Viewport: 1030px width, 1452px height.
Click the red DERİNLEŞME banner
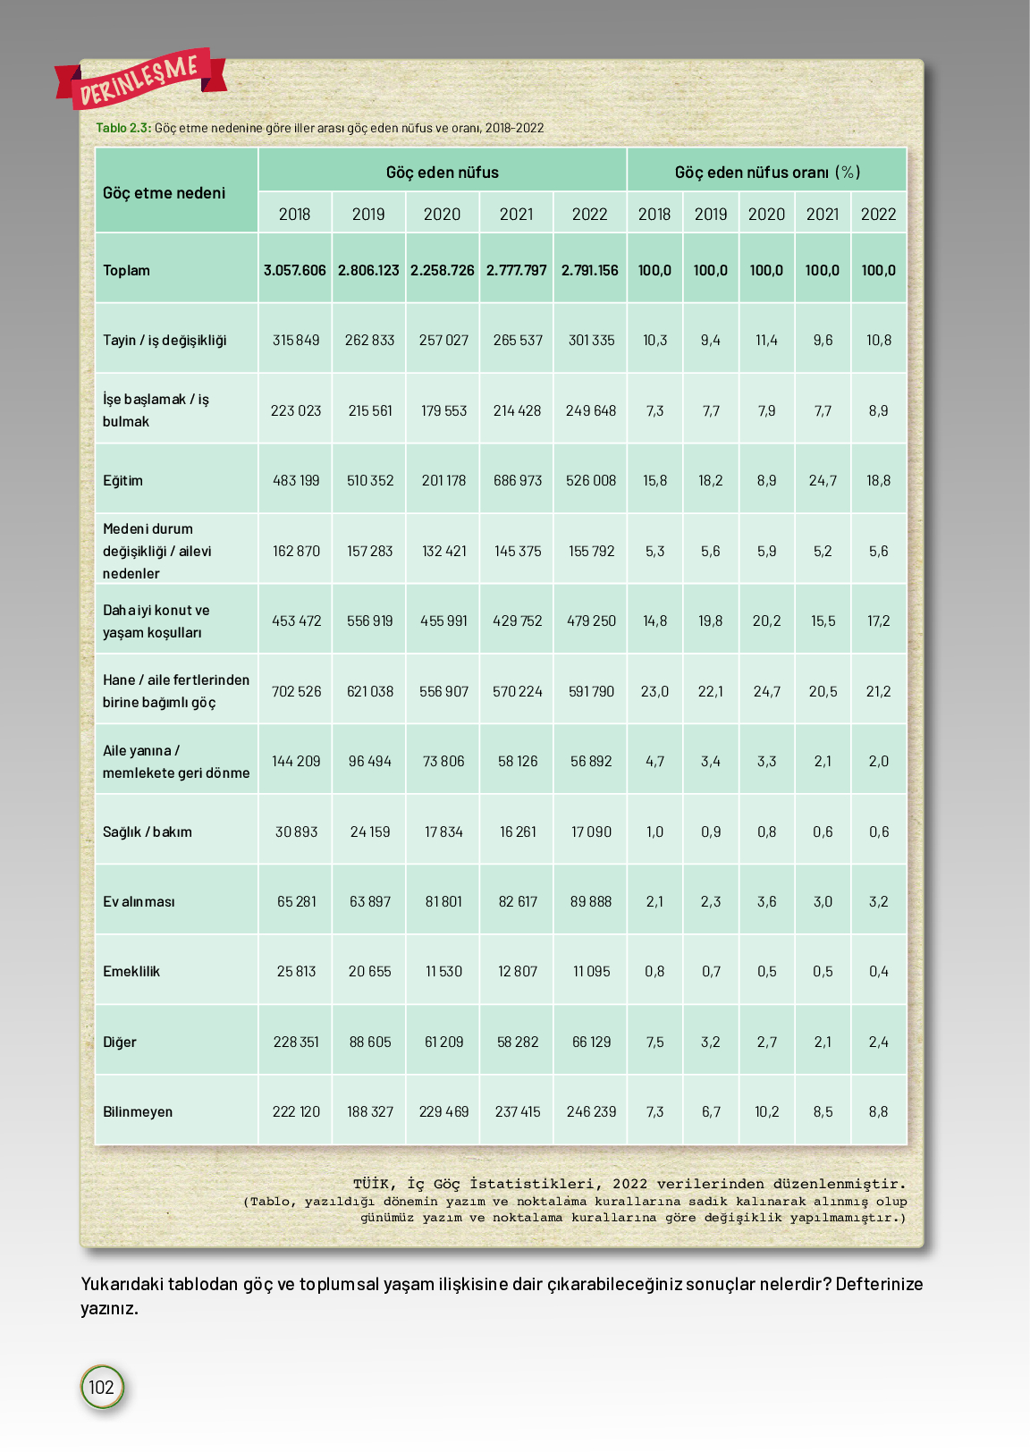tap(140, 78)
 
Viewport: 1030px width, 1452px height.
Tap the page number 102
tap(101, 1387)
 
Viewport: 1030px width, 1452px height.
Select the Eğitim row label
tap(122, 481)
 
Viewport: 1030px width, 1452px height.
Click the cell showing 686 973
tap(518, 481)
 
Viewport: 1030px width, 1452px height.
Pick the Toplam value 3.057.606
tap(295, 270)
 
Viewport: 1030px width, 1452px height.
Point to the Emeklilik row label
tap(131, 972)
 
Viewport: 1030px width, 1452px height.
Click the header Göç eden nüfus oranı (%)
tap(767, 172)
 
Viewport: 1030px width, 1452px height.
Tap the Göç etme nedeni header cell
tap(165, 193)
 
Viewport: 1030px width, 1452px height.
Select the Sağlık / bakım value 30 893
tap(296, 832)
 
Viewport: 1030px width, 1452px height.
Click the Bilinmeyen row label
tap(138, 1112)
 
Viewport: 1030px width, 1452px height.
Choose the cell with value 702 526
tap(296, 692)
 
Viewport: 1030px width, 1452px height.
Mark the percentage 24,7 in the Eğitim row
tap(823, 481)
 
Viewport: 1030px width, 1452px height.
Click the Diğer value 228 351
tap(296, 1043)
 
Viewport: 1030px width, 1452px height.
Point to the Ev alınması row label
tap(139, 902)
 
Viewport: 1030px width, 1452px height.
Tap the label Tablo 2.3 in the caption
tap(123, 128)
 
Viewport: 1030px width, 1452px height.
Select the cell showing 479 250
tap(591, 621)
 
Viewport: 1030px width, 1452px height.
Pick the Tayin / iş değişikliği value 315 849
tap(296, 341)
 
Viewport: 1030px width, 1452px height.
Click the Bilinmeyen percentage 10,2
tap(767, 1112)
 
